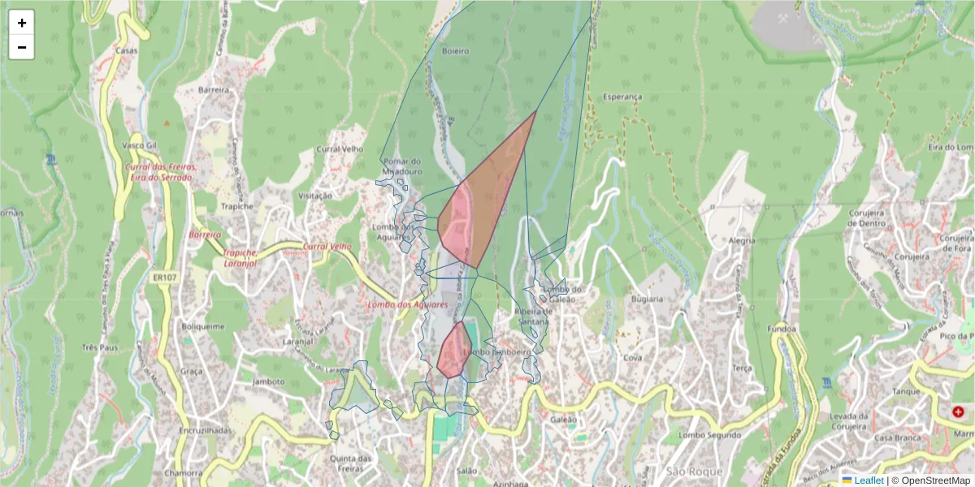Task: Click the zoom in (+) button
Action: [22, 23]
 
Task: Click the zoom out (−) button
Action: [22, 47]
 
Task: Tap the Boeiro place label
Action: [456, 51]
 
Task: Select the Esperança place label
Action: [622, 97]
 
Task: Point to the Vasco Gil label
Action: [138, 144]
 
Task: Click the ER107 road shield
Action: [164, 278]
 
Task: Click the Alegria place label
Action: [742, 240]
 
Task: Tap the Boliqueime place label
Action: [202, 327]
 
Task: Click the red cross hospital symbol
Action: [958, 412]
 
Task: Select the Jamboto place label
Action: [269, 381]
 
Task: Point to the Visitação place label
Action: [316, 196]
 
